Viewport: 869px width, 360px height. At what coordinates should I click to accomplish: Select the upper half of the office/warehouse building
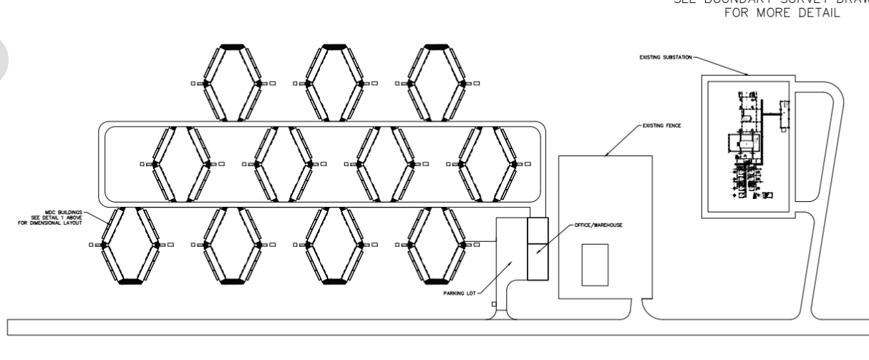coord(536,230)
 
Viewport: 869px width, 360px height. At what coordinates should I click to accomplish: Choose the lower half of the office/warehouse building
coord(536,262)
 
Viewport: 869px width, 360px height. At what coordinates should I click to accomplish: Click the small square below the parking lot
coord(493,303)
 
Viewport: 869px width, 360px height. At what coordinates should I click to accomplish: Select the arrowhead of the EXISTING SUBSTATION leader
coord(747,74)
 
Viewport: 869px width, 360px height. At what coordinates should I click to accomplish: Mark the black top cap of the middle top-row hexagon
coord(333,47)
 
